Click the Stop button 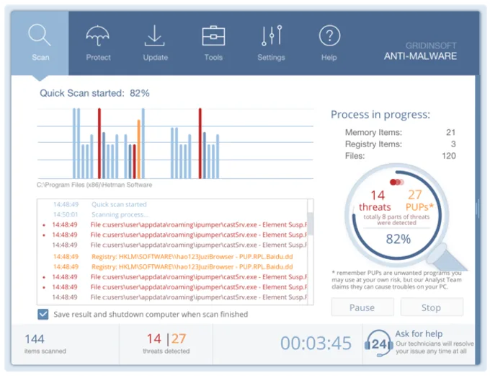[x=431, y=307]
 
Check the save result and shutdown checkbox [x=43, y=315]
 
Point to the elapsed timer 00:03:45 [x=316, y=344]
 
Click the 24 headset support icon [x=378, y=344]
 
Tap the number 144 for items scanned [x=35, y=338]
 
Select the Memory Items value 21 [x=450, y=133]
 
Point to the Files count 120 [x=448, y=156]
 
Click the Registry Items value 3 [x=453, y=144]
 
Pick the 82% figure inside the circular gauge [x=398, y=238]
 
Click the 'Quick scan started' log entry [x=119, y=204]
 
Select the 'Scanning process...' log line [x=120, y=214]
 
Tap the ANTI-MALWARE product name [x=420, y=56]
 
